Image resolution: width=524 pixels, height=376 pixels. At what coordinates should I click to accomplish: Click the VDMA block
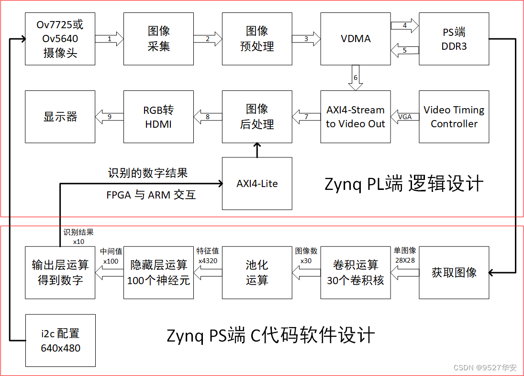pyautogui.click(x=356, y=39)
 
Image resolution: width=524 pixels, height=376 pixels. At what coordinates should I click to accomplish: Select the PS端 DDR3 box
pyautogui.click(x=454, y=39)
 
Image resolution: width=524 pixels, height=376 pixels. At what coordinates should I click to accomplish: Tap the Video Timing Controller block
pyautogui.click(x=454, y=117)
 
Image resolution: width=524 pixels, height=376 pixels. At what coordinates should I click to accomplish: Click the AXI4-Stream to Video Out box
pyautogui.click(x=356, y=117)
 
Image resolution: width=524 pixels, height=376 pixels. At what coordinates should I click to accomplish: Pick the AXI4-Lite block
pyautogui.click(x=257, y=184)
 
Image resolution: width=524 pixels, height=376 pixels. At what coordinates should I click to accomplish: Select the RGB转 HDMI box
pyautogui.click(x=158, y=117)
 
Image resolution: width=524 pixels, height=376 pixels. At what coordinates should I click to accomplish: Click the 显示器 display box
pyautogui.click(x=60, y=117)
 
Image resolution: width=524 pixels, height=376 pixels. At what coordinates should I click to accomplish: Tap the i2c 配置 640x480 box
pyautogui.click(x=60, y=341)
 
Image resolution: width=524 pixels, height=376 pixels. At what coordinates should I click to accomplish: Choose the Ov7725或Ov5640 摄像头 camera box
pyautogui.click(x=60, y=39)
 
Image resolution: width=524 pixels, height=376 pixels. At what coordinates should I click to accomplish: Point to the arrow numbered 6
pyautogui.click(x=356, y=78)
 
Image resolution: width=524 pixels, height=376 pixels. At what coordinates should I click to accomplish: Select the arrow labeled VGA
pyautogui.click(x=405, y=117)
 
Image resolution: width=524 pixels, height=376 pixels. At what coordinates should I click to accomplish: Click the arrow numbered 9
pyautogui.click(x=110, y=117)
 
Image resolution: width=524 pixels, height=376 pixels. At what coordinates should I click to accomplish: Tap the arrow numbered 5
pyautogui.click(x=405, y=49)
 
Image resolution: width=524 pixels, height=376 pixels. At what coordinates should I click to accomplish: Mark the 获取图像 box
pyautogui.click(x=454, y=273)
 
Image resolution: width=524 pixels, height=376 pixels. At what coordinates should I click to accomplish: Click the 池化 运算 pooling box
pyautogui.click(x=257, y=273)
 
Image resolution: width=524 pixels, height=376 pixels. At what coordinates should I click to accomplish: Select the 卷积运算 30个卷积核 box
pyautogui.click(x=356, y=273)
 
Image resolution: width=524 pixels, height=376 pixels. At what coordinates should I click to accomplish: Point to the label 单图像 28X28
pyautogui.click(x=405, y=254)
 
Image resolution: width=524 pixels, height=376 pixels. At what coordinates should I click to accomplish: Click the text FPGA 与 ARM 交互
pyautogui.click(x=151, y=195)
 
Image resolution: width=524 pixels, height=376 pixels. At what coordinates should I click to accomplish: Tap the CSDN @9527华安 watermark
pyautogui.click(x=484, y=367)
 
